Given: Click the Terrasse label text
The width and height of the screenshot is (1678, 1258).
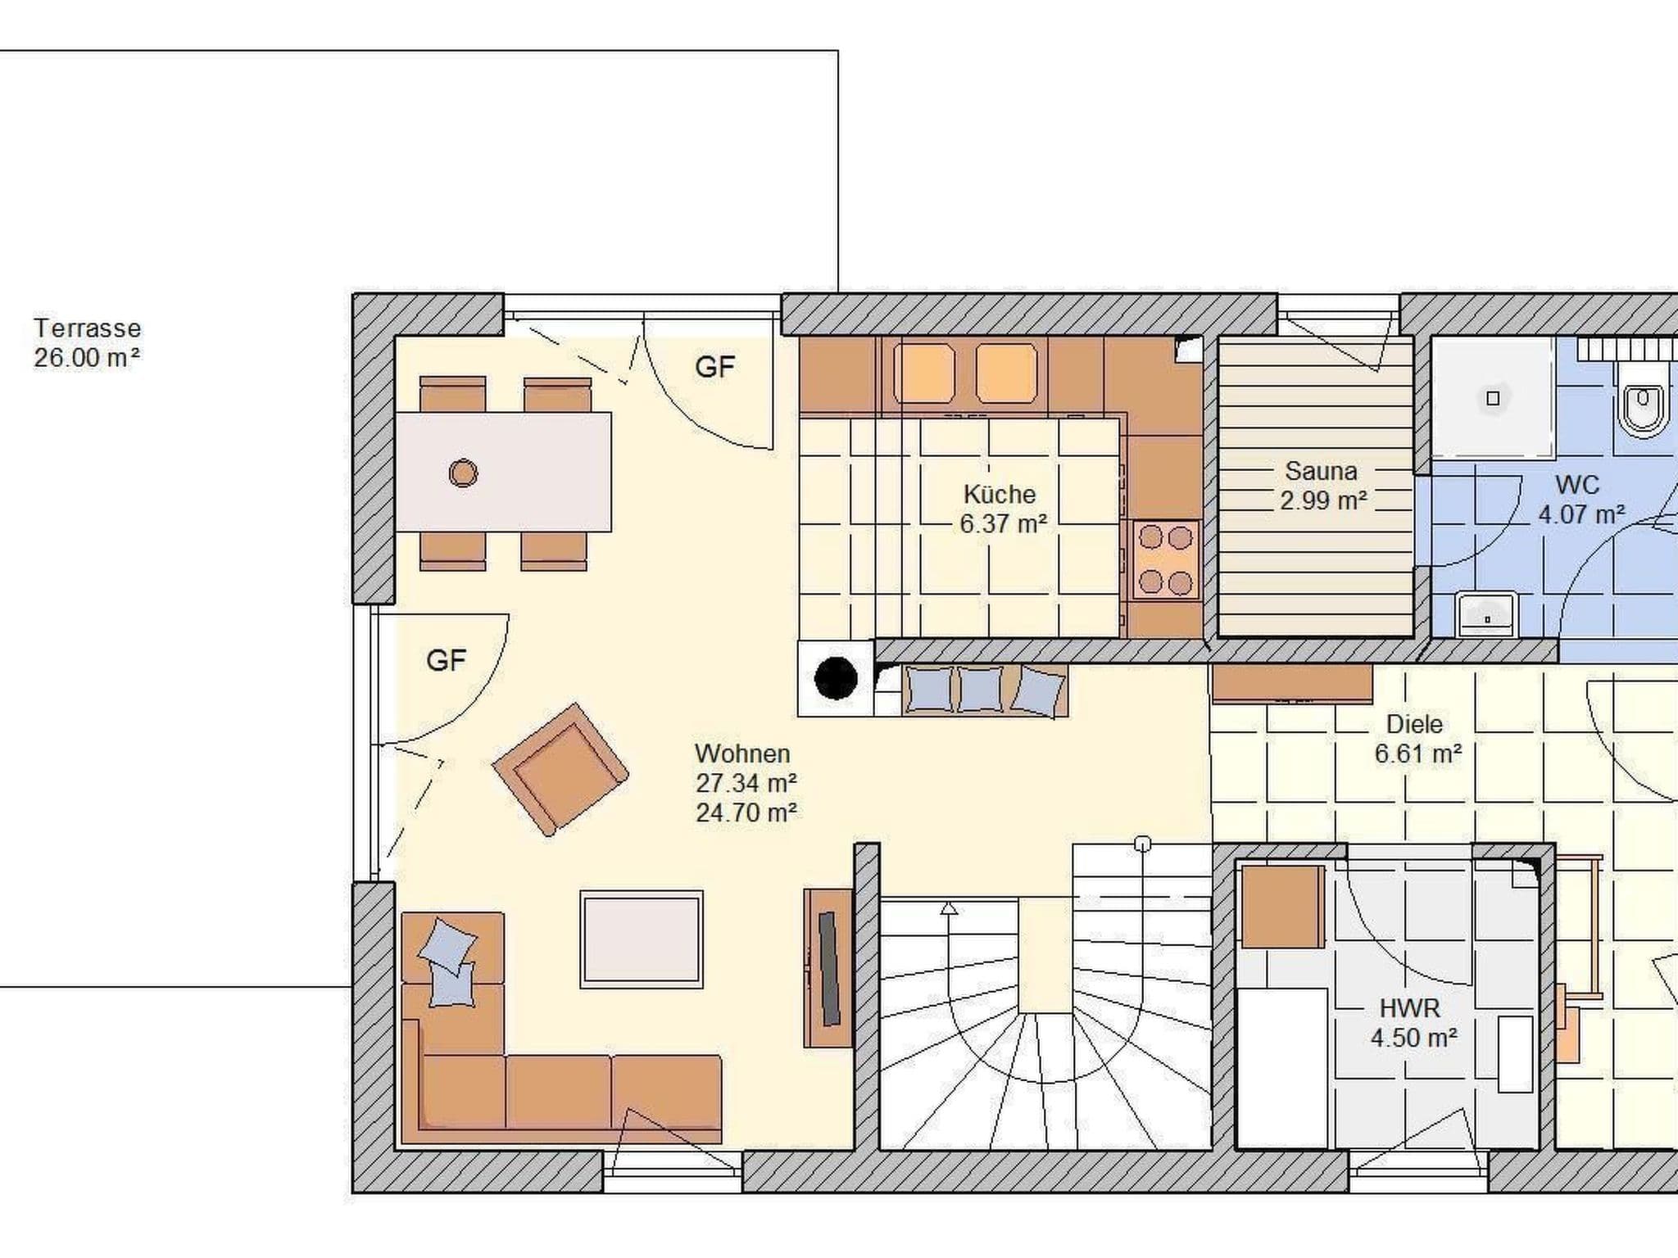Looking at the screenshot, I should click(88, 328).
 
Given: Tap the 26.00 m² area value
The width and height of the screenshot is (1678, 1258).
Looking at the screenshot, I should click(87, 358).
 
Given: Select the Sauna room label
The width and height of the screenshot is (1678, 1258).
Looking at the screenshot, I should click(1321, 471).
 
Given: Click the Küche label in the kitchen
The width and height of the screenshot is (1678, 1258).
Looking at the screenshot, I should click(1000, 495).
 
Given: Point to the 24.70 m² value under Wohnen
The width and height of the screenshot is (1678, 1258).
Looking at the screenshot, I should click(746, 812).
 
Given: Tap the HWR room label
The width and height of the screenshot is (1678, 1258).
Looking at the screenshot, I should click(1409, 1008).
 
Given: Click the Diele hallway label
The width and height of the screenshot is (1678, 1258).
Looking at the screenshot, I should click(1414, 724).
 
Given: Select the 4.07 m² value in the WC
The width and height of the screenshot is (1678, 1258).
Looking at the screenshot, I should click(1581, 515).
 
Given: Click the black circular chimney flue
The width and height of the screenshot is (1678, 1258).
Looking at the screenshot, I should click(836, 679).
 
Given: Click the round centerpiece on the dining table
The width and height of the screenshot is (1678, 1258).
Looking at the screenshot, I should click(463, 473).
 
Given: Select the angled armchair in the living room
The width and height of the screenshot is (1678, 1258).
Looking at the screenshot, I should click(560, 769).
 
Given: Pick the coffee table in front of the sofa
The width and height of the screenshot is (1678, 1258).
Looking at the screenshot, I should click(642, 939).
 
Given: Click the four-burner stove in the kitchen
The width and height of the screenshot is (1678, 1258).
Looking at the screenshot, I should click(1165, 559).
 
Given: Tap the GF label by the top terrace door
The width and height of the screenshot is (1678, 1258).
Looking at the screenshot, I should click(714, 367).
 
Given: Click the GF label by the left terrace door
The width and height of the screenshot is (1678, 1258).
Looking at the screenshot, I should click(446, 660).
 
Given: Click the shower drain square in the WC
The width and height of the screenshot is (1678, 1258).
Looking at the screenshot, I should click(1493, 398).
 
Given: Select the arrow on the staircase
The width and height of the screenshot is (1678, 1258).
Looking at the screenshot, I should click(949, 907).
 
